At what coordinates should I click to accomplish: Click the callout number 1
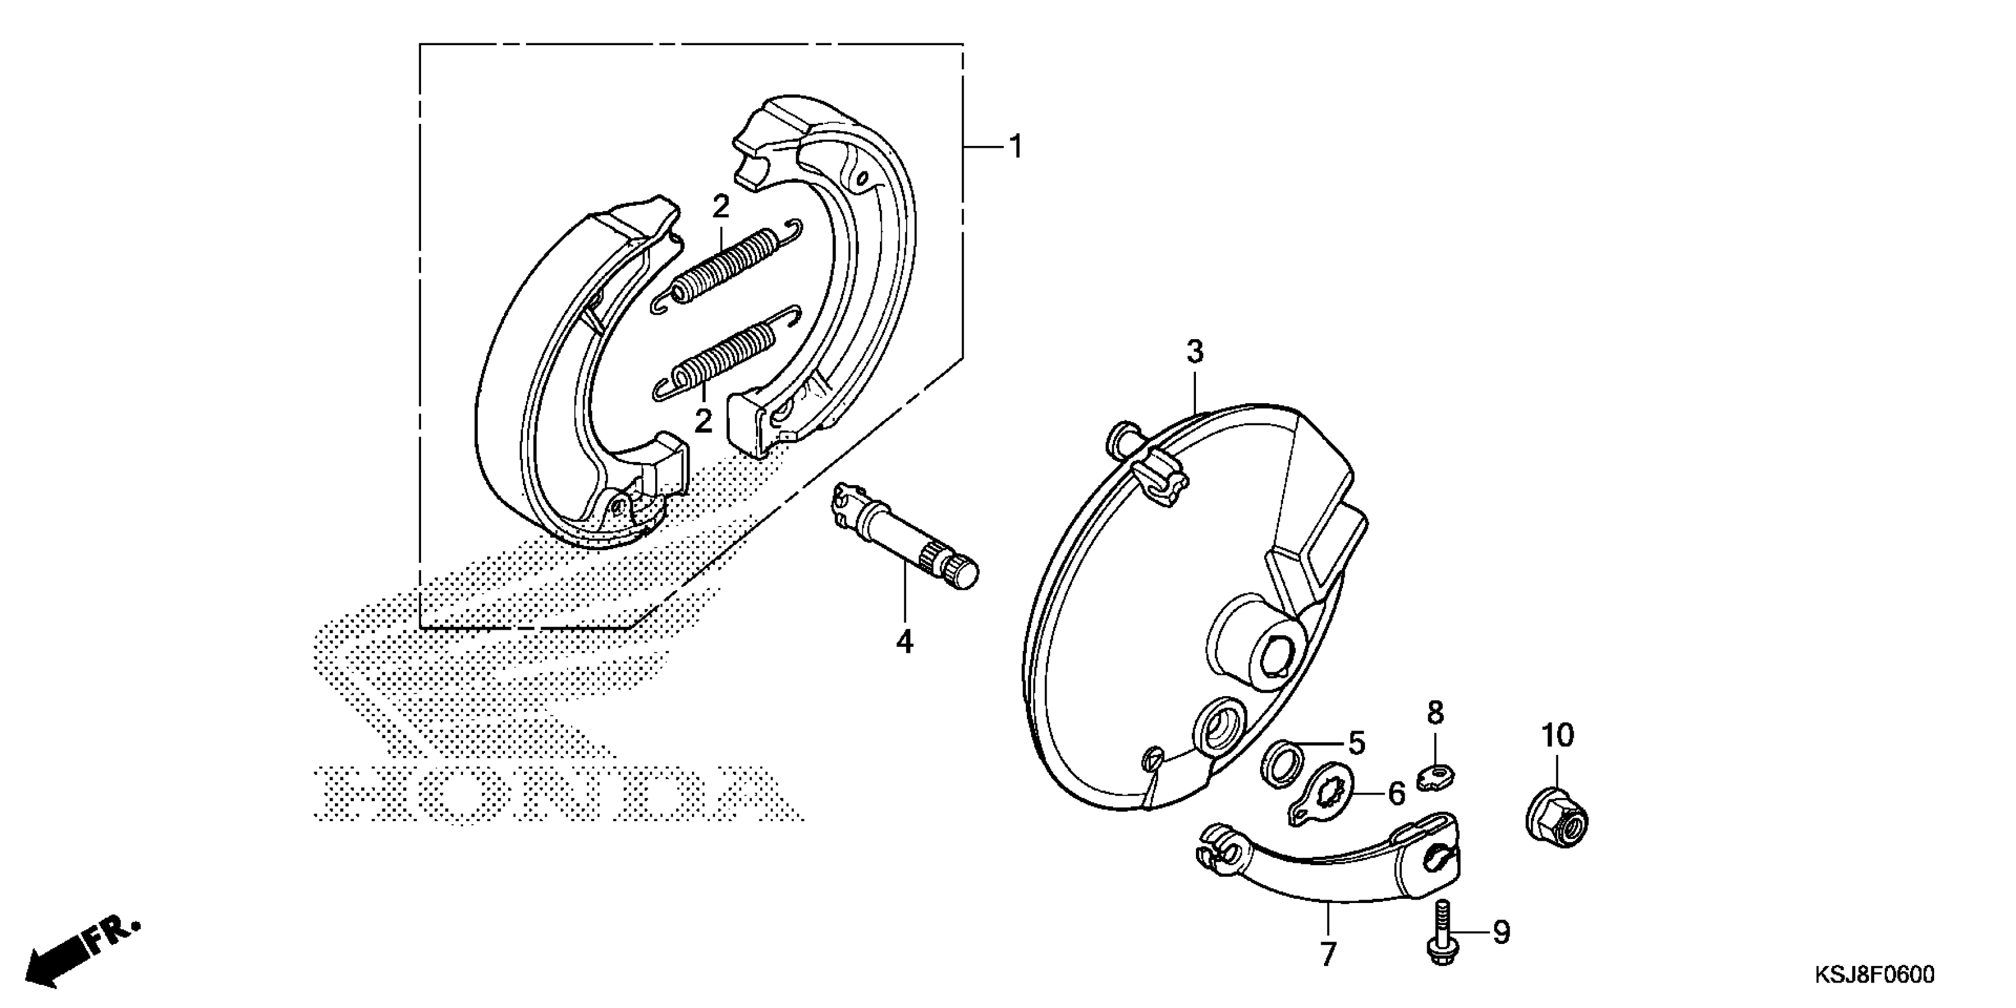(x=1016, y=147)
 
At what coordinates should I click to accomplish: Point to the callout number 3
(x=1194, y=353)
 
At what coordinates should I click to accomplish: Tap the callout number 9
(x=1501, y=932)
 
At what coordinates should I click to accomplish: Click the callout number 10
(x=1558, y=736)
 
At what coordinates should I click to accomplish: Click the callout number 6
(x=1396, y=795)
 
